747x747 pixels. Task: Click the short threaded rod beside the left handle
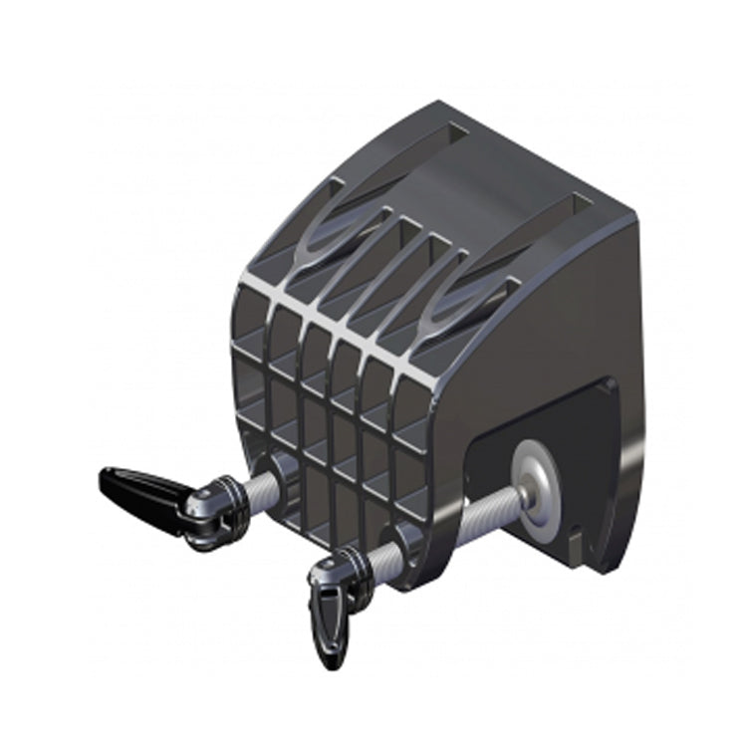click(x=257, y=487)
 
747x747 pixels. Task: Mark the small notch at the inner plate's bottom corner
click(x=576, y=543)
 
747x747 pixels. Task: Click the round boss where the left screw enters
click(x=280, y=468)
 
